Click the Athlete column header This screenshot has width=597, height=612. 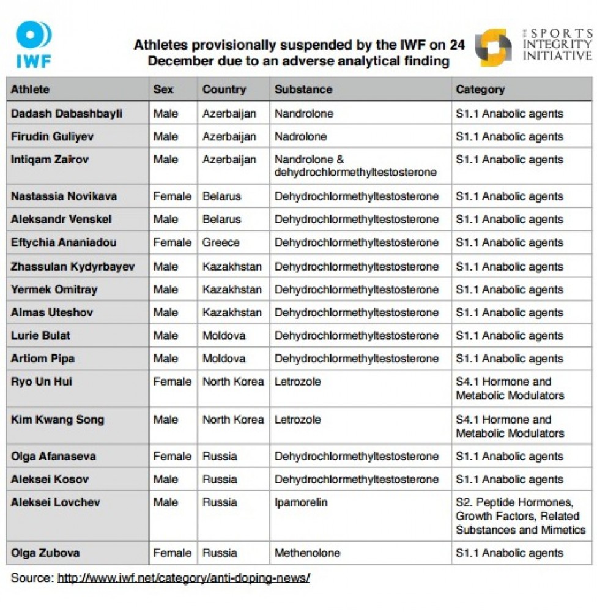(x=30, y=89)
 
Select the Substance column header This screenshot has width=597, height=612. (x=303, y=89)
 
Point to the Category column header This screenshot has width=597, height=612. (x=480, y=89)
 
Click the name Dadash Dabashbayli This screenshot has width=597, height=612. (x=67, y=114)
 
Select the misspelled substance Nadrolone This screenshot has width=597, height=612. (x=300, y=136)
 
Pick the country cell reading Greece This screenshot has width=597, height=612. (x=221, y=242)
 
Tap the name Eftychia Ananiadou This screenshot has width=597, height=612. (x=64, y=242)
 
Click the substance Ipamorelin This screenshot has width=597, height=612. (x=301, y=502)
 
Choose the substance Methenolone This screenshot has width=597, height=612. (x=308, y=553)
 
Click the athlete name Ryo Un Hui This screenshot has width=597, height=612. (x=42, y=381)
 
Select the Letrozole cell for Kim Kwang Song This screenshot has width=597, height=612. (x=298, y=420)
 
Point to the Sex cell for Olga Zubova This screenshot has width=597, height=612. (x=172, y=553)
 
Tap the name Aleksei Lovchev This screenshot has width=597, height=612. (x=56, y=502)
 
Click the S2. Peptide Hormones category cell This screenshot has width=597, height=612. (x=520, y=516)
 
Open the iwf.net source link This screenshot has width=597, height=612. (x=184, y=577)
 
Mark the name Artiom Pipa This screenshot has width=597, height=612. (x=43, y=359)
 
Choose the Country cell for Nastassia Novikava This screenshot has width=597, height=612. (x=221, y=196)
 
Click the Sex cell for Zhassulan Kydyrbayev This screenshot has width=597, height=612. (x=166, y=267)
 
